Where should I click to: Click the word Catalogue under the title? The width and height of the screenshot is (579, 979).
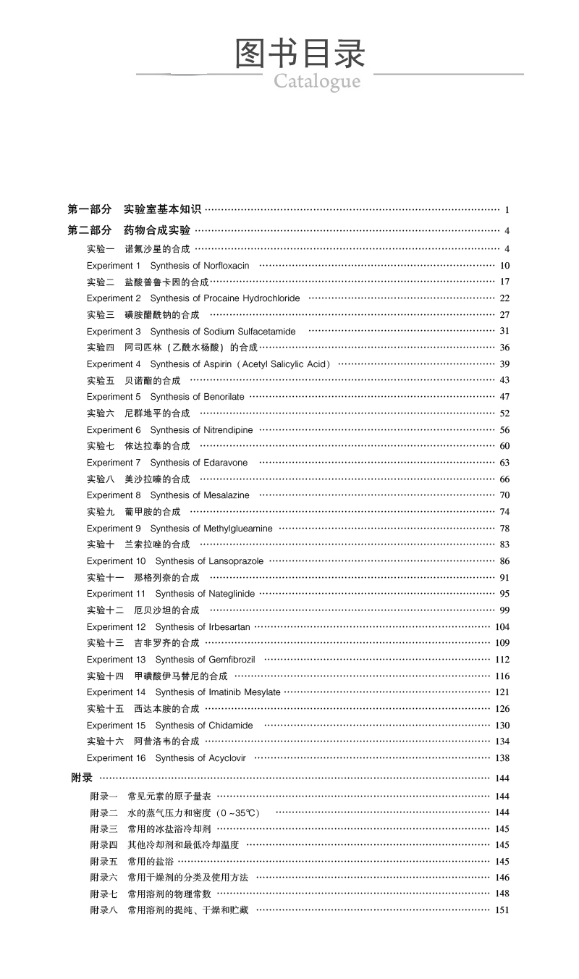[317, 81]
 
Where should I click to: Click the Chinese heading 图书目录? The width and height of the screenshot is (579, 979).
[300, 54]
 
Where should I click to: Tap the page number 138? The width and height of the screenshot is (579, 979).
[502, 758]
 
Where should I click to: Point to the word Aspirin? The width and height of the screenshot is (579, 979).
[218, 364]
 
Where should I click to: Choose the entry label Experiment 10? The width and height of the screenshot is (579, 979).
[116, 561]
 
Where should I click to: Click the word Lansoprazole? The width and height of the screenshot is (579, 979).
[236, 561]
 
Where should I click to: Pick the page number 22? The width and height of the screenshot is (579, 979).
[504, 298]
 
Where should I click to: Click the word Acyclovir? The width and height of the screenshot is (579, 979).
[227, 758]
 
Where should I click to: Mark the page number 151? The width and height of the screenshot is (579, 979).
[502, 910]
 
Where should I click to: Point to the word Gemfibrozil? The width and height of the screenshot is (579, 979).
[232, 660]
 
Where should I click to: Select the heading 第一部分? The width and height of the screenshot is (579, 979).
[90, 209]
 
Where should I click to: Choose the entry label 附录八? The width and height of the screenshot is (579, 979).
[103, 910]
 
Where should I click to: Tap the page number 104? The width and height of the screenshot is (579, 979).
[502, 627]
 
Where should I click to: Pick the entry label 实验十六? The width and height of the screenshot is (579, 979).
[105, 741]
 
